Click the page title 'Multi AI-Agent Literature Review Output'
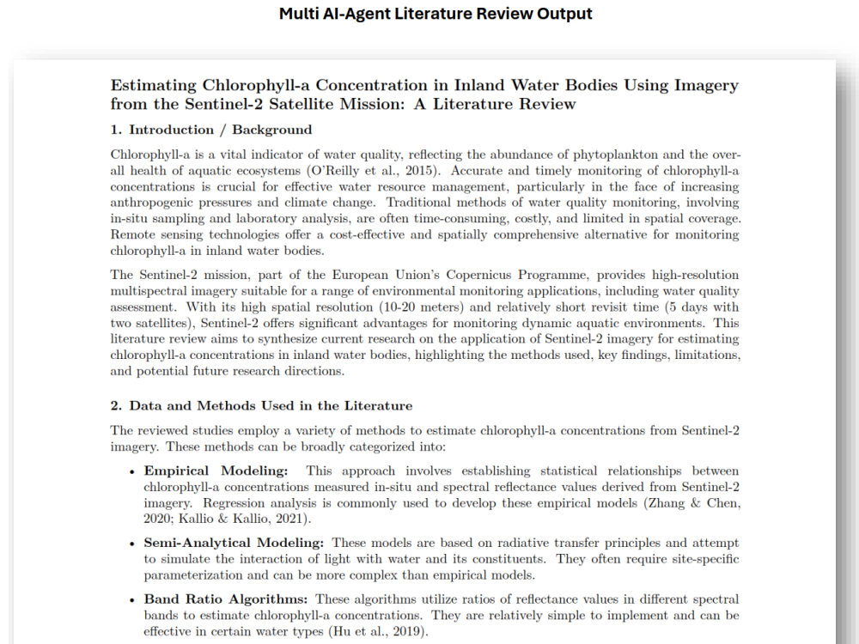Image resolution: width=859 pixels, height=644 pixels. pos(436,15)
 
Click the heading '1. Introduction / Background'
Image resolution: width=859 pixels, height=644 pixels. pos(210,130)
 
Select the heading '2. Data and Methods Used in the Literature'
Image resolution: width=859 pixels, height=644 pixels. pos(261,405)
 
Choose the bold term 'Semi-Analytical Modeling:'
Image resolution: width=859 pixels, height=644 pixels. pos(234,543)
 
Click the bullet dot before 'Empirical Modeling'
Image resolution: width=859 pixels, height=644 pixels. pos(131,471)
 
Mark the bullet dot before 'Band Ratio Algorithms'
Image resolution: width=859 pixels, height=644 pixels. pos(131,599)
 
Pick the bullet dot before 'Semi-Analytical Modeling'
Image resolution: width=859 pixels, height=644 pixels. pos(131,544)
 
